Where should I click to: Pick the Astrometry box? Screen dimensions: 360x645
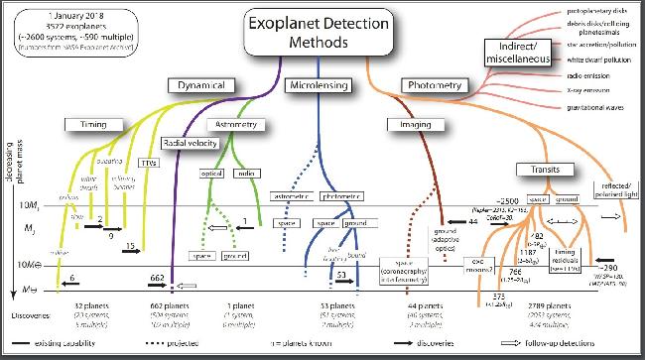(x=242, y=125)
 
